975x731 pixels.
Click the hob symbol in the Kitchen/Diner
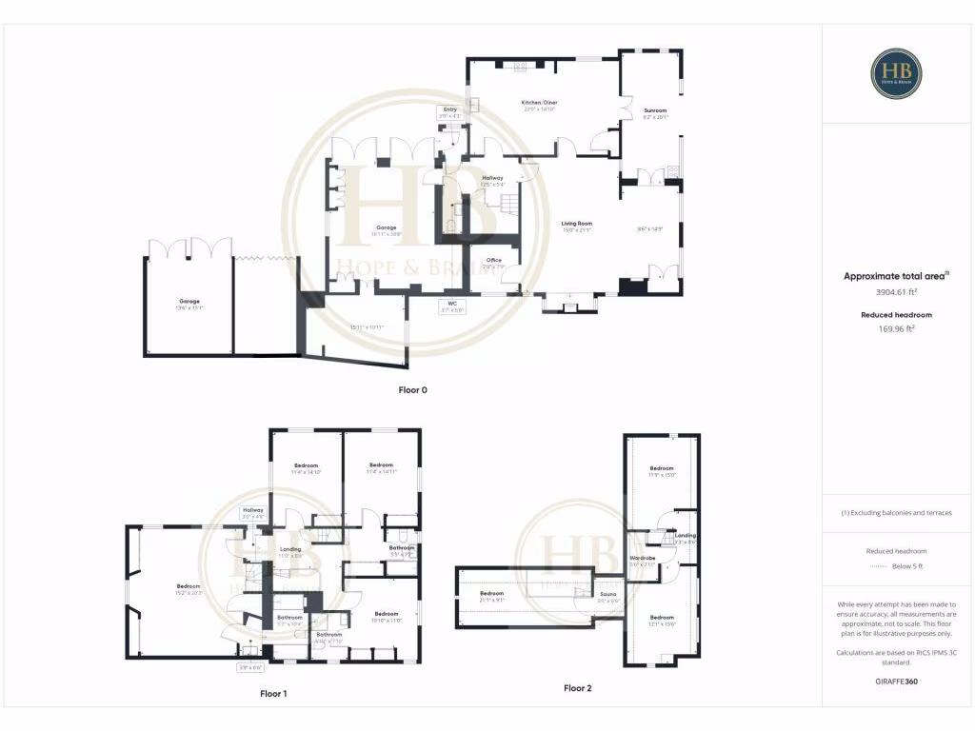[521, 68]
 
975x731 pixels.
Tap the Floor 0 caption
[413, 390]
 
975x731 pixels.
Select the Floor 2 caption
[577, 687]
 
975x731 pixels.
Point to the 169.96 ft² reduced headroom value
[896, 329]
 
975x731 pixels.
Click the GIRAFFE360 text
[896, 682]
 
